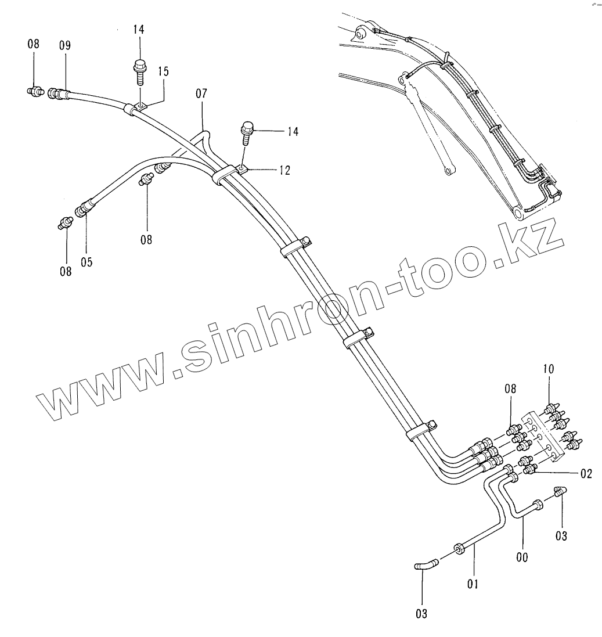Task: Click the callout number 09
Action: coord(64,46)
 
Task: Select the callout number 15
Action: coord(163,71)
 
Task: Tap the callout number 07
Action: coord(201,93)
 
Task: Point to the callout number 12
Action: coord(284,170)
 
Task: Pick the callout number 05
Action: coord(86,262)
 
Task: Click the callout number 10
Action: coord(549,368)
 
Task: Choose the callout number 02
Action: coord(585,474)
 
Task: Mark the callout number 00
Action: coord(522,557)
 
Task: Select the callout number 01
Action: coord(472,584)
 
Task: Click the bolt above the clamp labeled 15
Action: coord(139,70)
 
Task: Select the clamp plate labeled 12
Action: coord(242,170)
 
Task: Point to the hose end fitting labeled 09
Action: coord(56,93)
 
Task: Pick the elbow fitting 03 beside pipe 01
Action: coord(424,564)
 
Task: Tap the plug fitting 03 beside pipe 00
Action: coord(559,492)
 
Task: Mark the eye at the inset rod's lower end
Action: coord(447,170)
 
